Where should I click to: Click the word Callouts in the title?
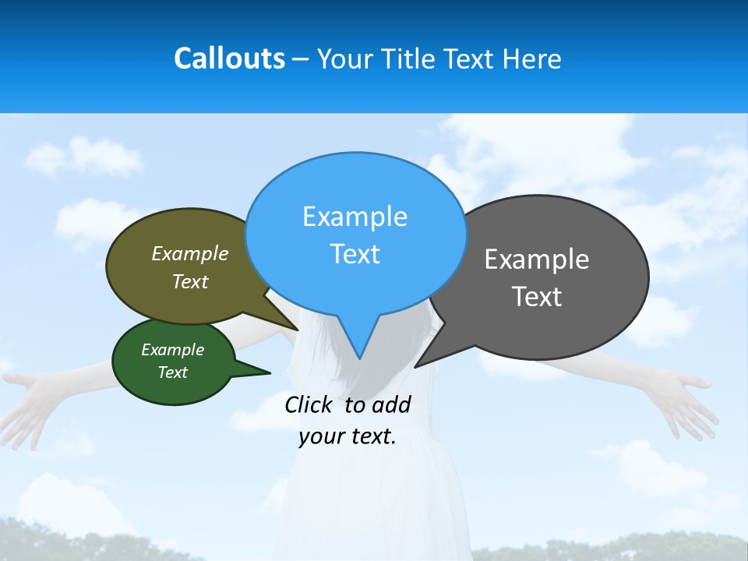tap(229, 58)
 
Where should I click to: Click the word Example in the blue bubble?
tap(355, 217)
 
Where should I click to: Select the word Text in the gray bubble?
tap(537, 297)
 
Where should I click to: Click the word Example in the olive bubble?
tap(190, 254)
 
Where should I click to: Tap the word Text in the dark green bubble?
tap(172, 372)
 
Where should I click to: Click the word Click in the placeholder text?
tap(308, 404)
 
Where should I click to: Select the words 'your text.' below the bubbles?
tap(348, 437)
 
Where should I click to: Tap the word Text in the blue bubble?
tap(355, 254)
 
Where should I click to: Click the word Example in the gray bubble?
tap(537, 259)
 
